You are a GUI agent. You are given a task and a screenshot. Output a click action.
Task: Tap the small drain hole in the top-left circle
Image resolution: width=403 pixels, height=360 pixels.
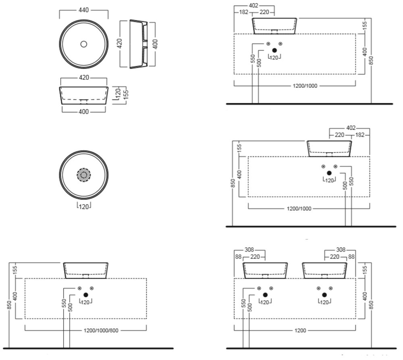pyautogui.click(x=84, y=44)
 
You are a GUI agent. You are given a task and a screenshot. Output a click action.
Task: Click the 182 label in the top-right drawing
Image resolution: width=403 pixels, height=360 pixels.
pyautogui.click(x=243, y=12)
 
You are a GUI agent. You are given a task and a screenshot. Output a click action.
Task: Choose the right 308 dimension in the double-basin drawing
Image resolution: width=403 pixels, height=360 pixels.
pyautogui.click(x=341, y=250)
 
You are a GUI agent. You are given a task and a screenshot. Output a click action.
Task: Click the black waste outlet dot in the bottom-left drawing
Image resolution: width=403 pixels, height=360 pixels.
pyautogui.click(x=85, y=295)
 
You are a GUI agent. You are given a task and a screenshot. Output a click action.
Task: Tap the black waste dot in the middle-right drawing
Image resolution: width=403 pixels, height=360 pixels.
pyautogui.click(x=329, y=173)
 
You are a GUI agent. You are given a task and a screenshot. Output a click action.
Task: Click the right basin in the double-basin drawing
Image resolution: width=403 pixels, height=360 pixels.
pyautogui.click(x=325, y=270)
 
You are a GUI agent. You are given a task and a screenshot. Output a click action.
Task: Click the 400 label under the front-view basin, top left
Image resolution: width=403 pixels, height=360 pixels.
pyautogui.click(x=83, y=112)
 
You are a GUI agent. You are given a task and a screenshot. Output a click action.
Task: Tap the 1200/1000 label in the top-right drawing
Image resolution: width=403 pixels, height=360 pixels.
pyautogui.click(x=295, y=85)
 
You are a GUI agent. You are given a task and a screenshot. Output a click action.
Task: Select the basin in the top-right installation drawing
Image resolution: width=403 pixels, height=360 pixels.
pyautogui.click(x=274, y=25)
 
